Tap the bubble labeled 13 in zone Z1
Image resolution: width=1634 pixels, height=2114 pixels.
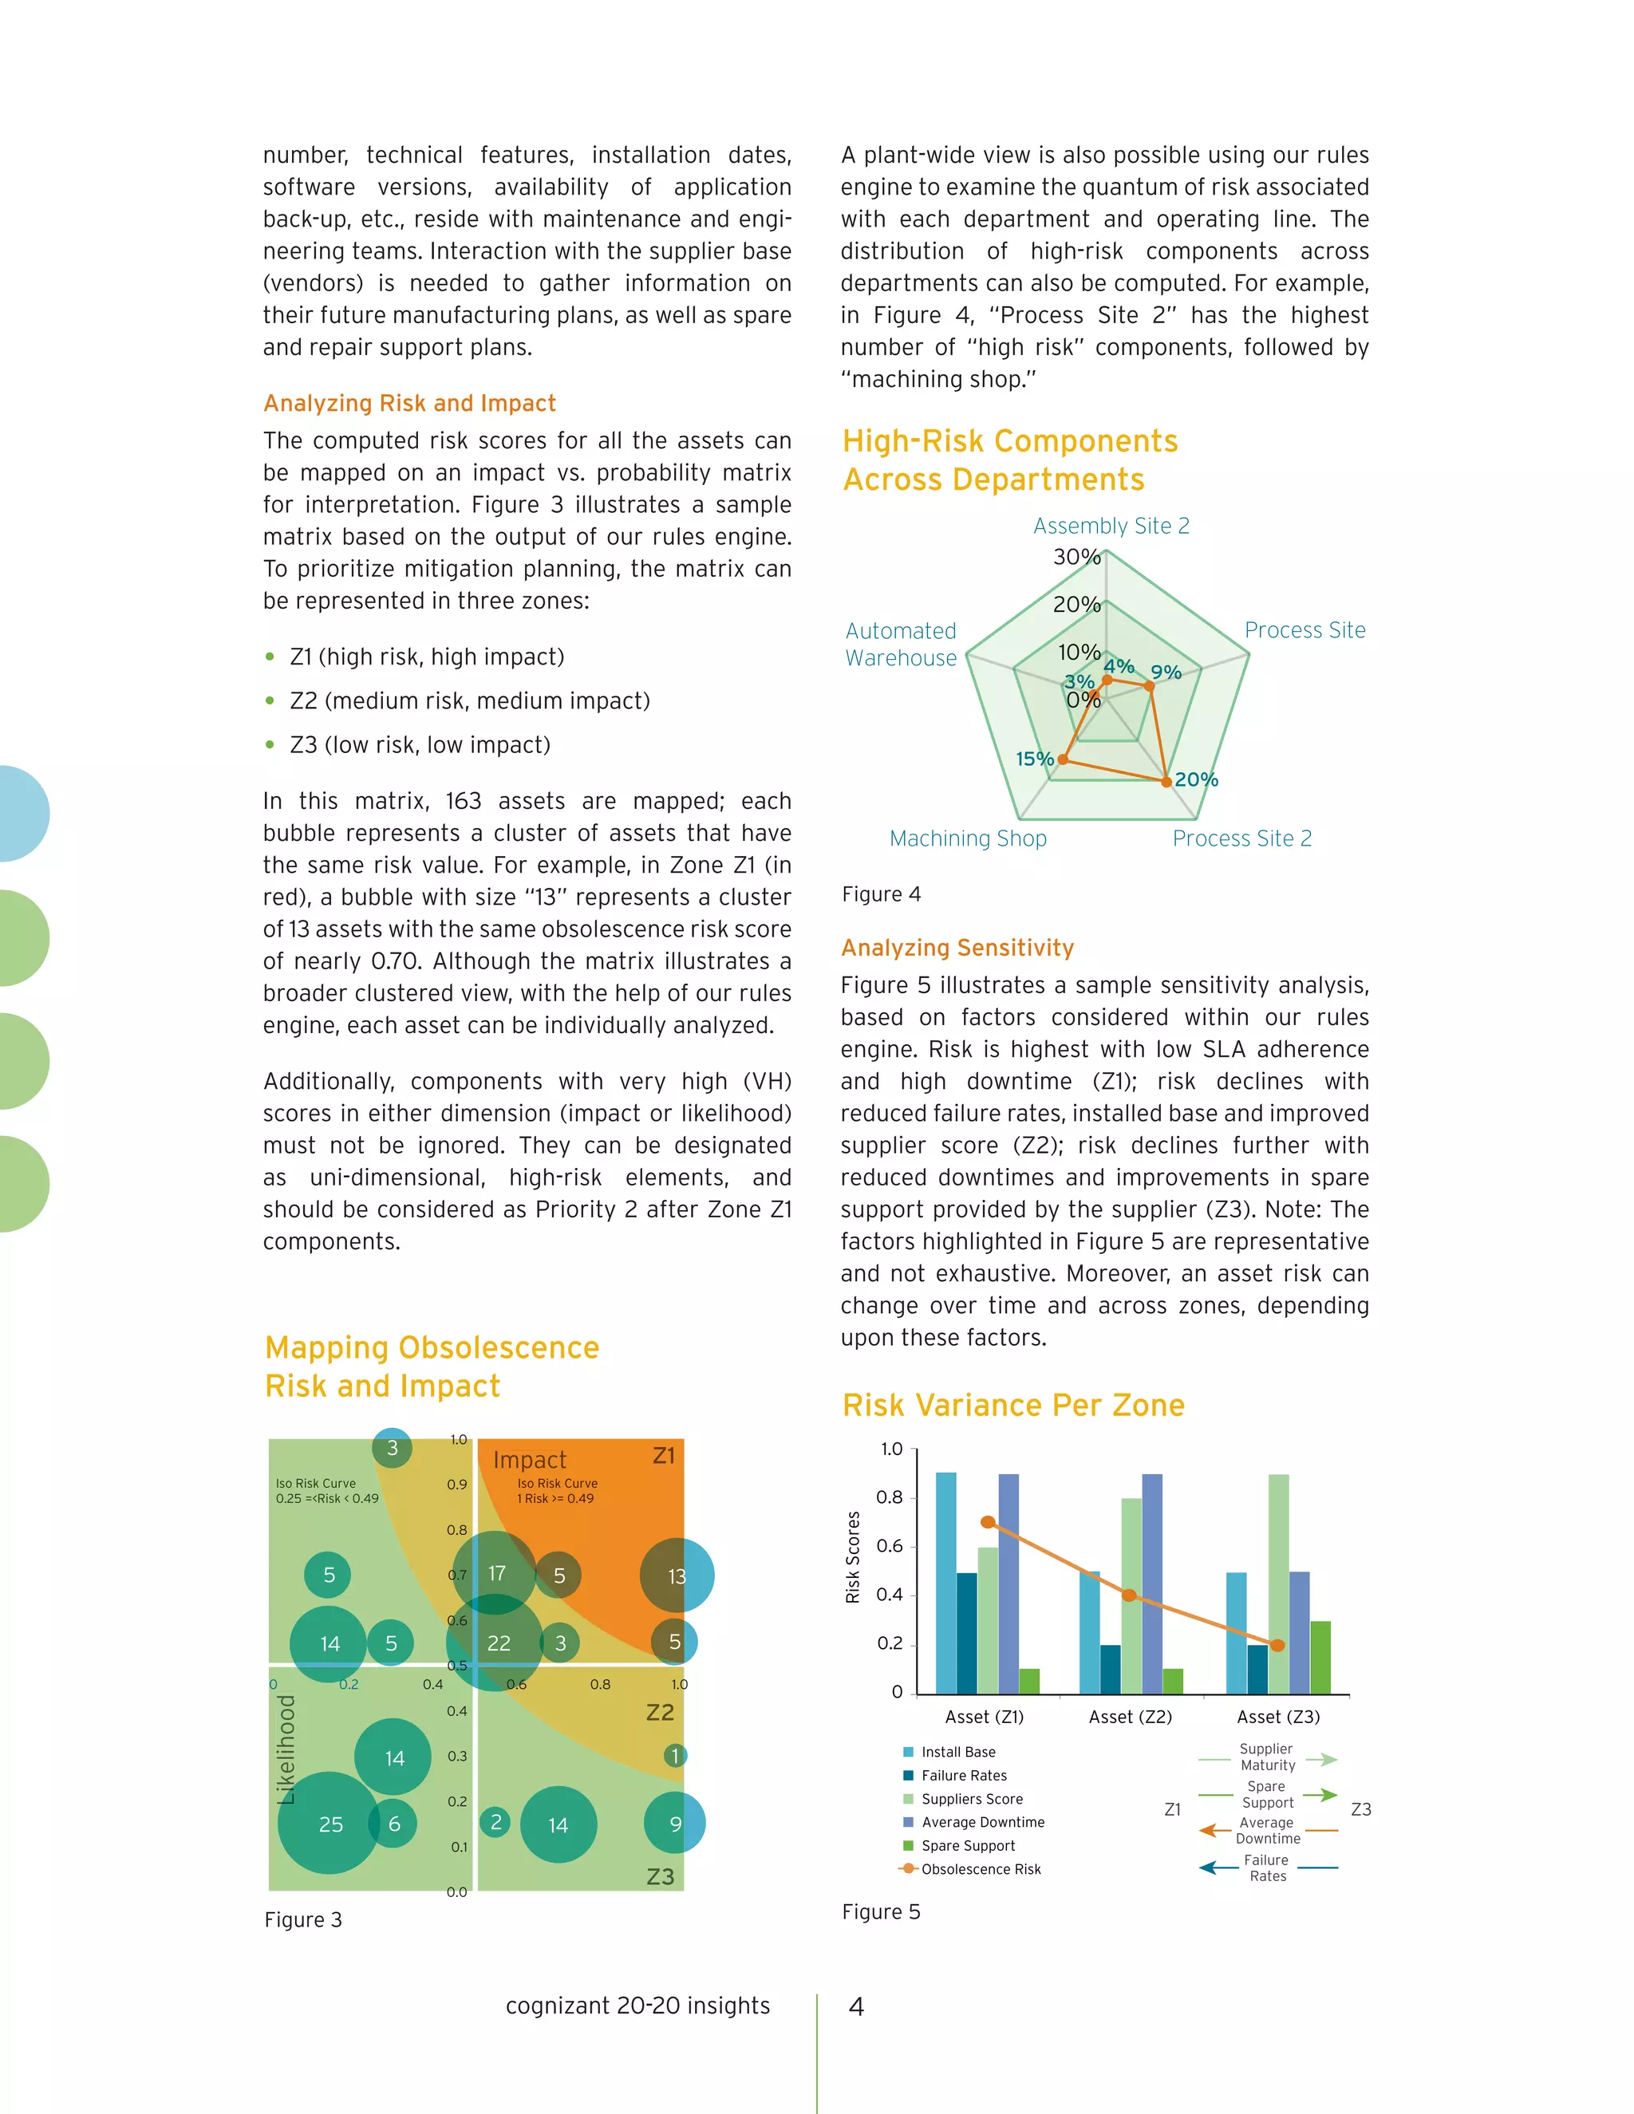coord(677,1576)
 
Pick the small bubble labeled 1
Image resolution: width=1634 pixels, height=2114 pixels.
coord(676,1755)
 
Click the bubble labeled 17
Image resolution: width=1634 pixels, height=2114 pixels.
coord(495,1573)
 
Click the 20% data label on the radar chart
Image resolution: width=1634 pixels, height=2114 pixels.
coord(1197,779)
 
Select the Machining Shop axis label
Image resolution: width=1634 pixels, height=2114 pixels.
coord(968,838)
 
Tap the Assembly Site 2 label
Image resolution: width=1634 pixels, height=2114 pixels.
coord(1111,526)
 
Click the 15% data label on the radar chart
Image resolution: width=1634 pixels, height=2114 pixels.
coord(1033,759)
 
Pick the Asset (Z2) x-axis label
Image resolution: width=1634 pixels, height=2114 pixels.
coord(1130,1716)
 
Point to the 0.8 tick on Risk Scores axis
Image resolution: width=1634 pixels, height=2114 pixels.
coord(889,1497)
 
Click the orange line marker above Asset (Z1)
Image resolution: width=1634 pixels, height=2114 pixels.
coord(988,1521)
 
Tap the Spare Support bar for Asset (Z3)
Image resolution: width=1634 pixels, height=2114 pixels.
coord(1320,1657)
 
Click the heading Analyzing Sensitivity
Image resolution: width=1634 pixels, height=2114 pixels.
coord(957,948)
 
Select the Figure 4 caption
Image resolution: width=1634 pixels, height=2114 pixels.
coord(881,894)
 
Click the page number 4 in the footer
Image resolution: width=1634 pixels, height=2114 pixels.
coord(856,2006)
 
